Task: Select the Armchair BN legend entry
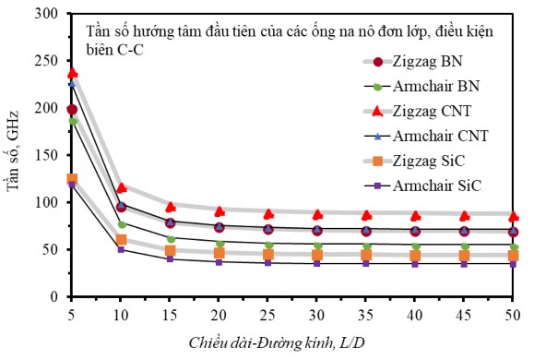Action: click(445, 87)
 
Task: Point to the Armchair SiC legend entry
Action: click(445, 186)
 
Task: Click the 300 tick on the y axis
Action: click(50, 14)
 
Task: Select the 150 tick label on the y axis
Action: click(50, 155)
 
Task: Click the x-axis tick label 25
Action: click(268, 313)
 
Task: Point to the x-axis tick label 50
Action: click(514, 313)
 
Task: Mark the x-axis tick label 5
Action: click(72, 313)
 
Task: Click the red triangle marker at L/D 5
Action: click(72, 73)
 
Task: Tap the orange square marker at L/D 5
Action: click(72, 179)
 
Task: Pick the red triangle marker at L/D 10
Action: click(121, 187)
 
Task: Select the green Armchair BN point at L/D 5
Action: click(72, 121)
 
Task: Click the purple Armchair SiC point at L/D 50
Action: click(514, 264)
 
